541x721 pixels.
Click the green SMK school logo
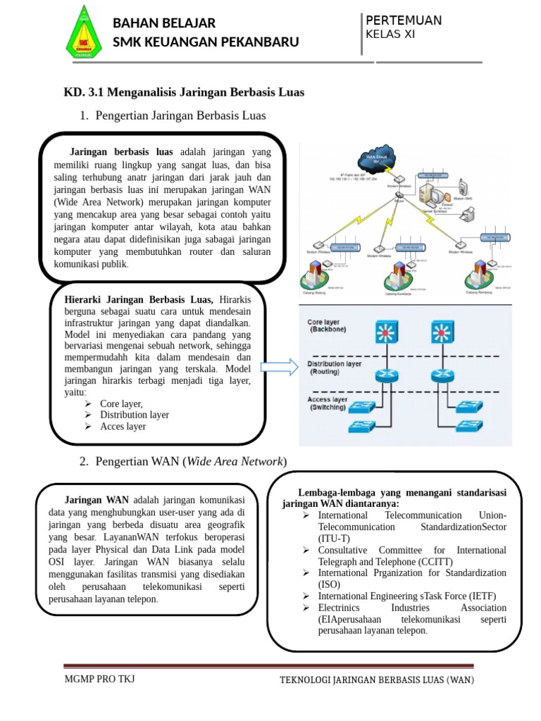84,33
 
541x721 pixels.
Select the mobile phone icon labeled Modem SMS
463,189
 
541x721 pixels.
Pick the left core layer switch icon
385,333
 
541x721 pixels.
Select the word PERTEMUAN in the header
404,20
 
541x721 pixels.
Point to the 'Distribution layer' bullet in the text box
134,415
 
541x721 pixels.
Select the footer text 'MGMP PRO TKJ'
99,679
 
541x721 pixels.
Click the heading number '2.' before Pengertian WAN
84,461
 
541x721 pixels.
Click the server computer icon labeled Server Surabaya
427,193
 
